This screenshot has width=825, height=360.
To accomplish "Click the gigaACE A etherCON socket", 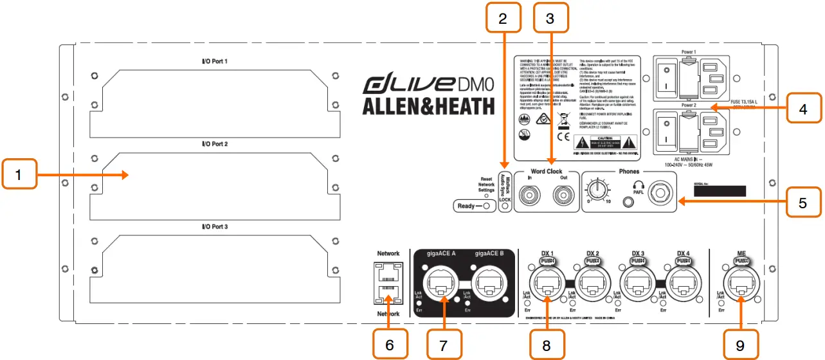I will click(x=444, y=286).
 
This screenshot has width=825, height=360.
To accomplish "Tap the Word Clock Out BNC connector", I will click(x=565, y=193).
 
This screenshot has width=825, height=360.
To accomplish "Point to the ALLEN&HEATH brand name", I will click(x=428, y=106).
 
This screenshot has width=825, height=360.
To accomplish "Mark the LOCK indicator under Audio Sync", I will click(x=506, y=200).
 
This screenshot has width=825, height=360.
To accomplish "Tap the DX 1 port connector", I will click(x=547, y=287).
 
